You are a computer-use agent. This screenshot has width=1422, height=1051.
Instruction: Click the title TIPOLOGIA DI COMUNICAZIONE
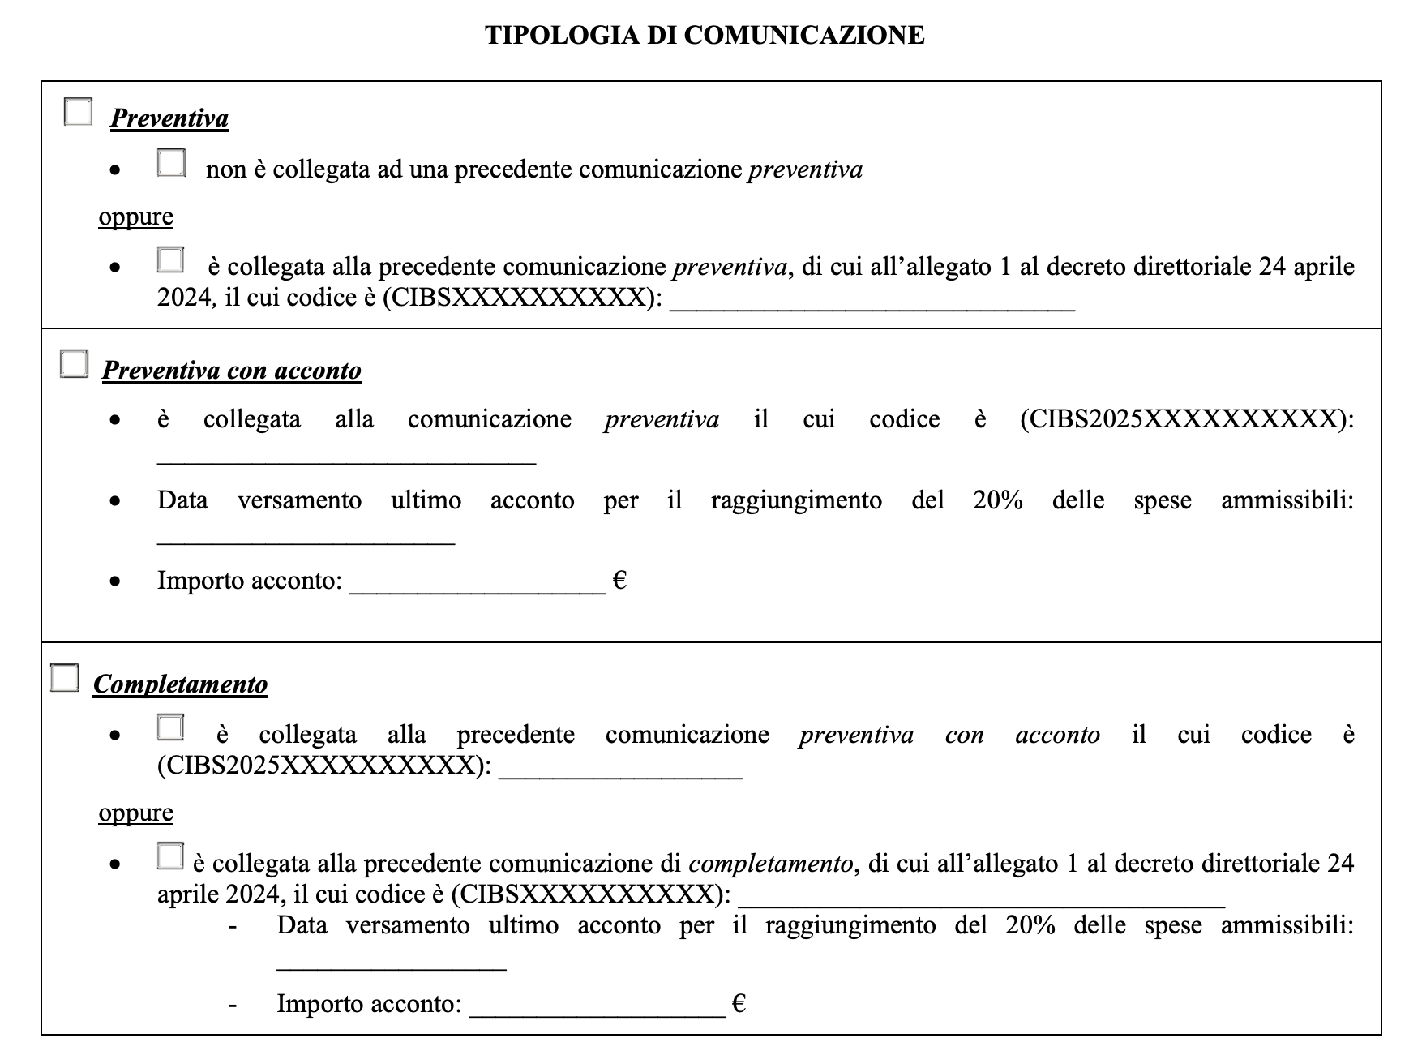(705, 35)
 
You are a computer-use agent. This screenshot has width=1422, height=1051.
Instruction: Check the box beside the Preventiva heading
(78, 112)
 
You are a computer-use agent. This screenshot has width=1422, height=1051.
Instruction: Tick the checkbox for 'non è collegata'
(171, 163)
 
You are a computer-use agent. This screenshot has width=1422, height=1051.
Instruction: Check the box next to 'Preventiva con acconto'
(74, 364)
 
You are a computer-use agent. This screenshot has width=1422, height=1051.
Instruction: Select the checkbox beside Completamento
(65, 677)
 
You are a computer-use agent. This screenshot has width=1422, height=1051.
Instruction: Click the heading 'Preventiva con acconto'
(231, 371)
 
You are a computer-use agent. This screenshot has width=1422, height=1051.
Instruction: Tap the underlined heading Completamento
(180, 684)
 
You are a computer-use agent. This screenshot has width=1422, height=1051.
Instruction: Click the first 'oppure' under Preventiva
(135, 217)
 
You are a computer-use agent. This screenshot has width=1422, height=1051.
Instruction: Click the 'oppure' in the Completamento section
(135, 812)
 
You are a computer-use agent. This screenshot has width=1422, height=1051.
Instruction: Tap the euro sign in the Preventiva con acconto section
(619, 581)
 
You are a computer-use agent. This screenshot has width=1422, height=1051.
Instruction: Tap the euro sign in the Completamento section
(739, 1004)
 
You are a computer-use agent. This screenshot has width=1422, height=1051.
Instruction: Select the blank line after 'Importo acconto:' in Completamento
(597, 1008)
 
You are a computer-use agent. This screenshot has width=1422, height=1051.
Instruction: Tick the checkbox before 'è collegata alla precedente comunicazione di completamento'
(170, 856)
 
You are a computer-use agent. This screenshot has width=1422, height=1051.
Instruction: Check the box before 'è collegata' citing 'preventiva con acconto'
(170, 727)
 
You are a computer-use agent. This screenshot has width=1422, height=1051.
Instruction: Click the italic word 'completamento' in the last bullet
(770, 864)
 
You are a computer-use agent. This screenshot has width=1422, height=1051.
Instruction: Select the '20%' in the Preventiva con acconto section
(998, 500)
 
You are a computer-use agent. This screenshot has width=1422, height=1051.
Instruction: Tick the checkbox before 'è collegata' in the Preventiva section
(170, 260)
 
